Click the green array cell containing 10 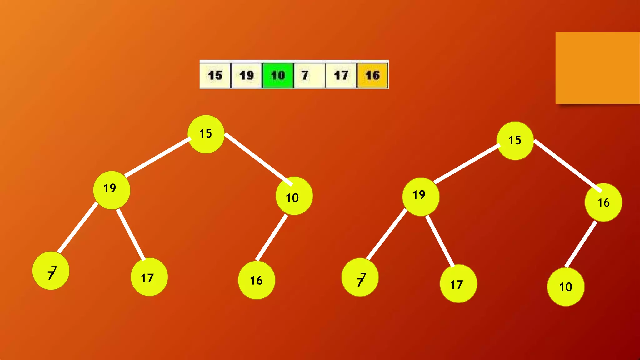[x=278, y=75]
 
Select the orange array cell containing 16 [x=372, y=75]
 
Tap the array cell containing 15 [x=215, y=75]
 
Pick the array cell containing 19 [x=246, y=75]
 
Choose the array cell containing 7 [x=309, y=75]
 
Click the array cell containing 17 [x=341, y=75]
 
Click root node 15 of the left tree [x=206, y=134]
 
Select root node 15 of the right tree [x=515, y=141]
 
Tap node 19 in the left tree [x=112, y=190]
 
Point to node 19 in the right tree [x=421, y=197]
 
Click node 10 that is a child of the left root [x=294, y=196]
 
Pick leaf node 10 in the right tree [x=566, y=287]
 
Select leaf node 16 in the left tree [x=257, y=280]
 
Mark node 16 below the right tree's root [x=603, y=202]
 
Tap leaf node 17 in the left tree [x=149, y=277]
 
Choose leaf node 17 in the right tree [x=458, y=284]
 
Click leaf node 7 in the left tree [x=51, y=271]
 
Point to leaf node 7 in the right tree [x=360, y=277]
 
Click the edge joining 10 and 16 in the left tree [x=271, y=237]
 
